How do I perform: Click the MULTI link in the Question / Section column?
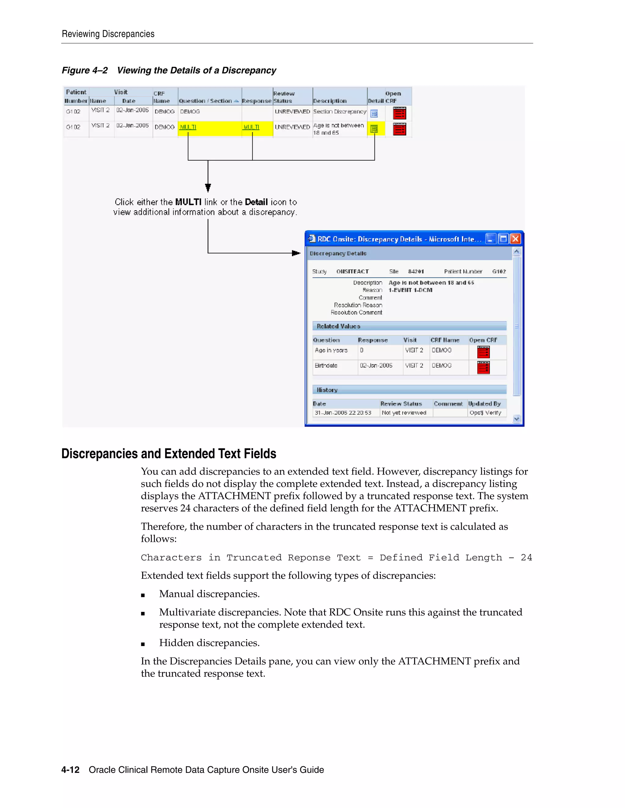point(188,127)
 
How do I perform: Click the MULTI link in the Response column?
point(251,127)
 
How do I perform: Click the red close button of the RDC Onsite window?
point(515,239)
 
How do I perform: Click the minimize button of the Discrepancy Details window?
point(491,239)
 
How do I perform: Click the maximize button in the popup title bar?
point(503,239)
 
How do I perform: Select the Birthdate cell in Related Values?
point(326,366)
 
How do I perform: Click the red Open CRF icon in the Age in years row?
point(483,352)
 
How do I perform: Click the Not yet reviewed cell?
point(404,413)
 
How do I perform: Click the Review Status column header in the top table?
point(284,97)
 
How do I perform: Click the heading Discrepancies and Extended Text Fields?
point(169,454)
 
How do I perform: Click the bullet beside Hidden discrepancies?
point(143,644)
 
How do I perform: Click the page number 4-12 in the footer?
point(70,770)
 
